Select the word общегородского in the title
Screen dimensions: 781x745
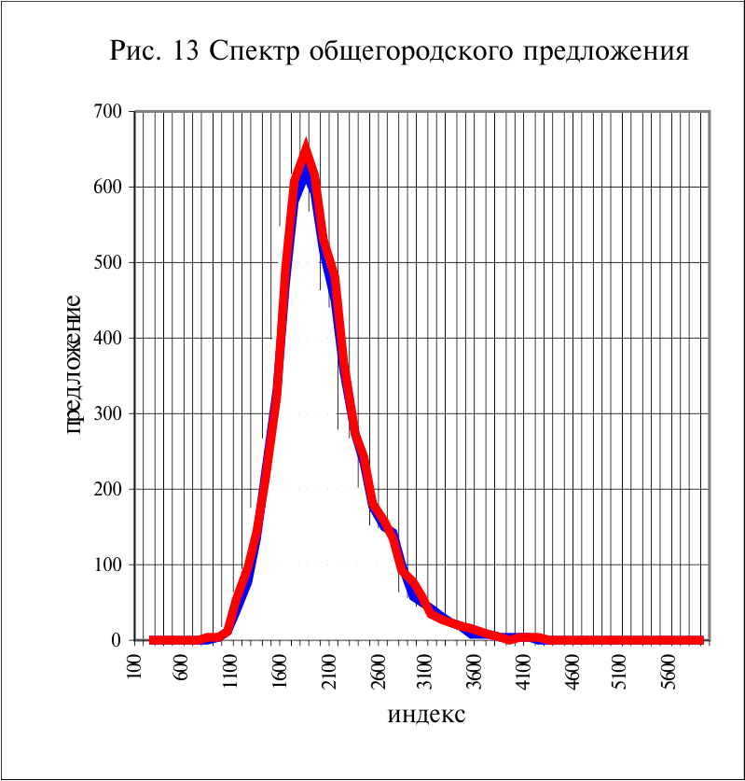pos(399,51)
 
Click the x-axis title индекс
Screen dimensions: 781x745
pos(426,716)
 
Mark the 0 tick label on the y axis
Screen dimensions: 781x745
pos(119,640)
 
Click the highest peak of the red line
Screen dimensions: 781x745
pos(305,149)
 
